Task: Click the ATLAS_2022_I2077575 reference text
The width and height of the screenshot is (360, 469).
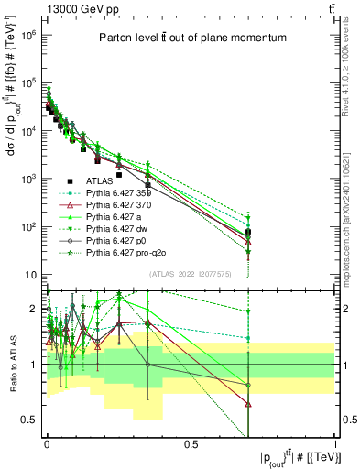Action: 190,273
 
